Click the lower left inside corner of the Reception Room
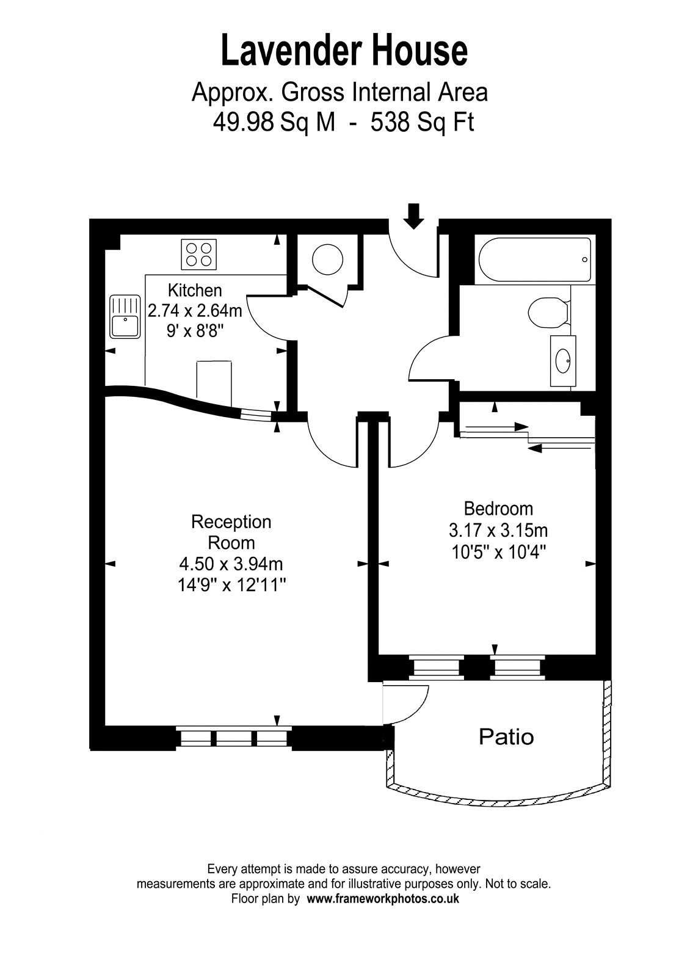(x=105, y=726)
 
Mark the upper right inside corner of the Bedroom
(x=595, y=416)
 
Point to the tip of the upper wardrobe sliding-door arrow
(x=528, y=426)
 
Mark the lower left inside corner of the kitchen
(x=106, y=385)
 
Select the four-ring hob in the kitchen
(x=199, y=254)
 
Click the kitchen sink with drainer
(x=125, y=317)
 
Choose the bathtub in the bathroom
(x=535, y=260)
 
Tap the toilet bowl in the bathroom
(x=546, y=312)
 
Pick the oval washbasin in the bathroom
(x=563, y=361)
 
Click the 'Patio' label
(x=506, y=737)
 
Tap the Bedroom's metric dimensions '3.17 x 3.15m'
(x=498, y=531)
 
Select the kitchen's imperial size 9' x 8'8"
(x=195, y=331)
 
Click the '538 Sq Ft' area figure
(x=422, y=123)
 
